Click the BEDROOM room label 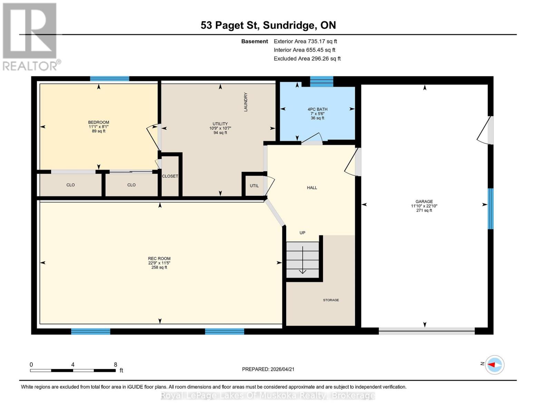98,122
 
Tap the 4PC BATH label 317,109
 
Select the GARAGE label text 424,201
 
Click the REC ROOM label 159,258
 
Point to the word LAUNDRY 246,102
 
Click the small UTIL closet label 254,186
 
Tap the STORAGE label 331,300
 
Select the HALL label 312,188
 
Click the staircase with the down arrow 302,260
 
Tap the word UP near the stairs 302,233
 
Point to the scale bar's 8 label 115,365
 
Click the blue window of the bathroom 321,81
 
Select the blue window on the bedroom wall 109,79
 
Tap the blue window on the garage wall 490,209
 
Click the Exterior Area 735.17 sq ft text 305,41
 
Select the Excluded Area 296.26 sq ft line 307,59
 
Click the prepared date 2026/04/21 268,369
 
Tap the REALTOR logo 30,36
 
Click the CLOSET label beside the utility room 170,176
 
